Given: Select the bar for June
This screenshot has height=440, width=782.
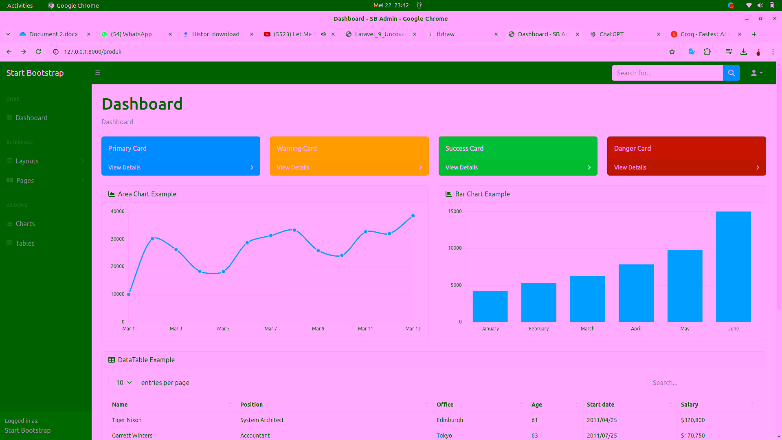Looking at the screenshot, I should point(733,267).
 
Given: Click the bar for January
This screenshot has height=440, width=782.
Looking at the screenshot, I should point(490,306).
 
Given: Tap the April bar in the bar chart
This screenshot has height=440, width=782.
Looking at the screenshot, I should point(636,293).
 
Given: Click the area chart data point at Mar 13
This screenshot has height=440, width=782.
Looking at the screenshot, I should point(413,216).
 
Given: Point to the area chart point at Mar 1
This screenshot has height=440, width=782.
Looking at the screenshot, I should point(129,294).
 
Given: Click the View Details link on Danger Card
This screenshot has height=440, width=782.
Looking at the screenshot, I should point(630,167).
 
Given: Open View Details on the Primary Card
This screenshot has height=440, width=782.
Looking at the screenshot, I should point(124,167).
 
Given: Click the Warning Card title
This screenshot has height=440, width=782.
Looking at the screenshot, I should point(297,148).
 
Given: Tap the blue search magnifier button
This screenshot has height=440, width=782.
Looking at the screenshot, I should point(731,73).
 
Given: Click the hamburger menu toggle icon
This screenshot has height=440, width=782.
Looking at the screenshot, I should point(98,73).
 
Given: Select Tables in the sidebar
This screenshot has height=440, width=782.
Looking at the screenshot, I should point(25,243).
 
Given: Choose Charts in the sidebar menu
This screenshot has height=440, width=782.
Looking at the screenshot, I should point(25,224).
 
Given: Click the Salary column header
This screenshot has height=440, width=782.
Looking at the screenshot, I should point(689,405).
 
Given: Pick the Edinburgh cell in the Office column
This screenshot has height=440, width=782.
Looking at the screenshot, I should point(450,420).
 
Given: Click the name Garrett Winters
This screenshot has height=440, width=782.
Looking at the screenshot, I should point(132,436).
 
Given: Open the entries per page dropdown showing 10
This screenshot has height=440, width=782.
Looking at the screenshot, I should point(123,383).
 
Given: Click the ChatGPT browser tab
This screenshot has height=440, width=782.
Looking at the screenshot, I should point(611,34).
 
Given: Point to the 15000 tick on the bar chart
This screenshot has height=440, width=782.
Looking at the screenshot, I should point(455,211).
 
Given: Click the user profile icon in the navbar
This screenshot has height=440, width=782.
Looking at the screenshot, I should point(756,73).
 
